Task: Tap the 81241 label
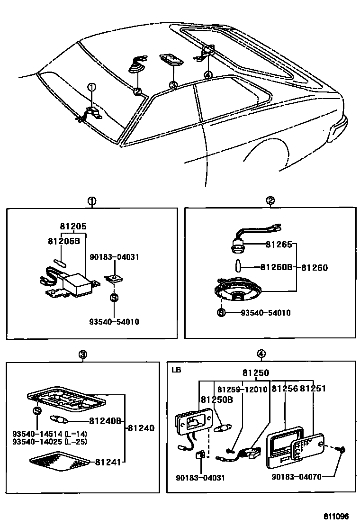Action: pos(108,462)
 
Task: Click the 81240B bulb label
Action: pos(105,420)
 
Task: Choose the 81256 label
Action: pos(285,389)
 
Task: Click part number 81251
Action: pos(314,389)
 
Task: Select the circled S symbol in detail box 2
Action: pos(221,312)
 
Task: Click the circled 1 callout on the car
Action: pos(92,87)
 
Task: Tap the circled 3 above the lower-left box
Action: pos(82,354)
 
